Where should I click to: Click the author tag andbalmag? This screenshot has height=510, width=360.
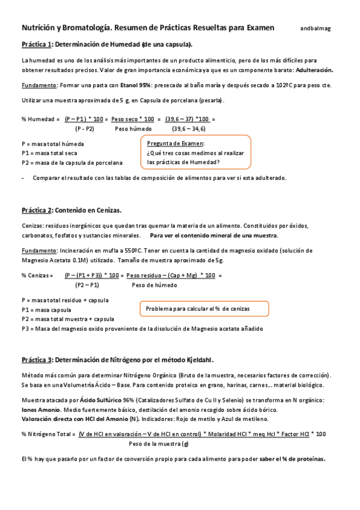(316, 28)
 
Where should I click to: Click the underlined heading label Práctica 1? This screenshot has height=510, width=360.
(37, 45)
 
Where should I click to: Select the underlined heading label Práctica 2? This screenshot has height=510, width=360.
(37, 210)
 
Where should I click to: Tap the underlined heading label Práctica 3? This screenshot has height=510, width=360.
(37, 360)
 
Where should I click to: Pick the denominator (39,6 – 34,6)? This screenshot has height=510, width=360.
(189, 129)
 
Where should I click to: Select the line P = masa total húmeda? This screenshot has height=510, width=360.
(53, 144)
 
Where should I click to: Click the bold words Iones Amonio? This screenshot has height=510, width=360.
(39, 410)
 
